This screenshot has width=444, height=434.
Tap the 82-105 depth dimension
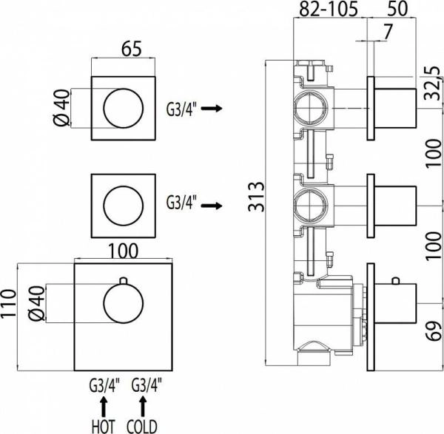point(329,10)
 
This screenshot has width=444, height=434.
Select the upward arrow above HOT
point(103,404)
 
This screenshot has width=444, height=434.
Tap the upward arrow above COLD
point(144,404)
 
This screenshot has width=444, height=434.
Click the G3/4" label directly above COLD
point(145,385)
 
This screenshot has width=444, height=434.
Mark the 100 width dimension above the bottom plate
point(123,251)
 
